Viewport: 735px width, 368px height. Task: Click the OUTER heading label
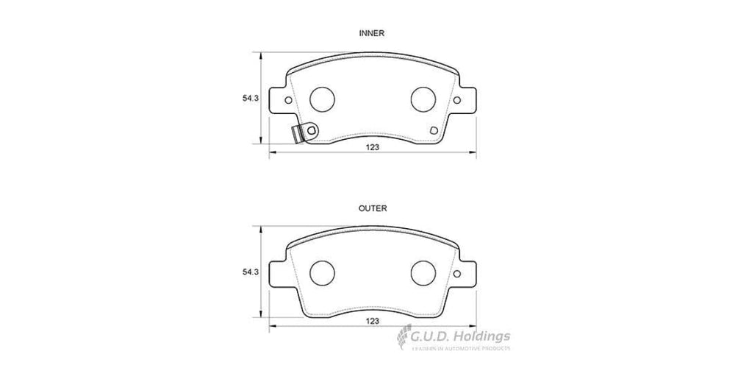tap(373, 208)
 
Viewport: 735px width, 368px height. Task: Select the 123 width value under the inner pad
tap(373, 147)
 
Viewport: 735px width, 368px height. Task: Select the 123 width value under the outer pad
tap(373, 322)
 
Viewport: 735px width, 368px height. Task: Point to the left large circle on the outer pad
tap(321, 272)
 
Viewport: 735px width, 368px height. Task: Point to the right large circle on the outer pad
tap(423, 272)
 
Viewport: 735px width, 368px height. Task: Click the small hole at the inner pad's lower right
tap(434, 131)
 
